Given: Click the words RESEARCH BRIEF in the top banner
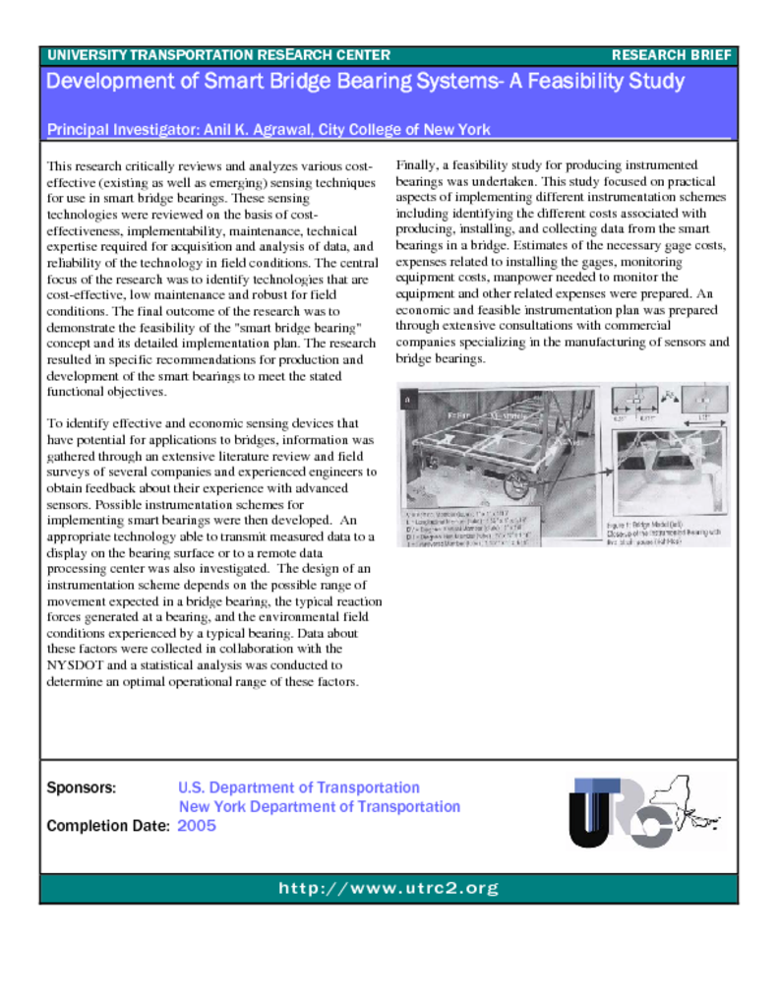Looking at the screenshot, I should click(671, 55).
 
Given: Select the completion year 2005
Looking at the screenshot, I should click(197, 826).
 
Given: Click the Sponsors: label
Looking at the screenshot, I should click(82, 788).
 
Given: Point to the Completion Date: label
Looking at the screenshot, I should click(108, 826).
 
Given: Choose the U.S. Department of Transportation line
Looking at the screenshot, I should click(299, 788).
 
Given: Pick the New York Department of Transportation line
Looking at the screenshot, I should click(319, 807).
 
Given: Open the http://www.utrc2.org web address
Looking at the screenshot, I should click(389, 889).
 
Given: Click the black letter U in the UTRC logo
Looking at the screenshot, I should click(588, 813).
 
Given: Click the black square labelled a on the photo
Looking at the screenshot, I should click(408, 399).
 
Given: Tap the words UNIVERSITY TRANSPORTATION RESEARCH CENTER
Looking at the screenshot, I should click(218, 55).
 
